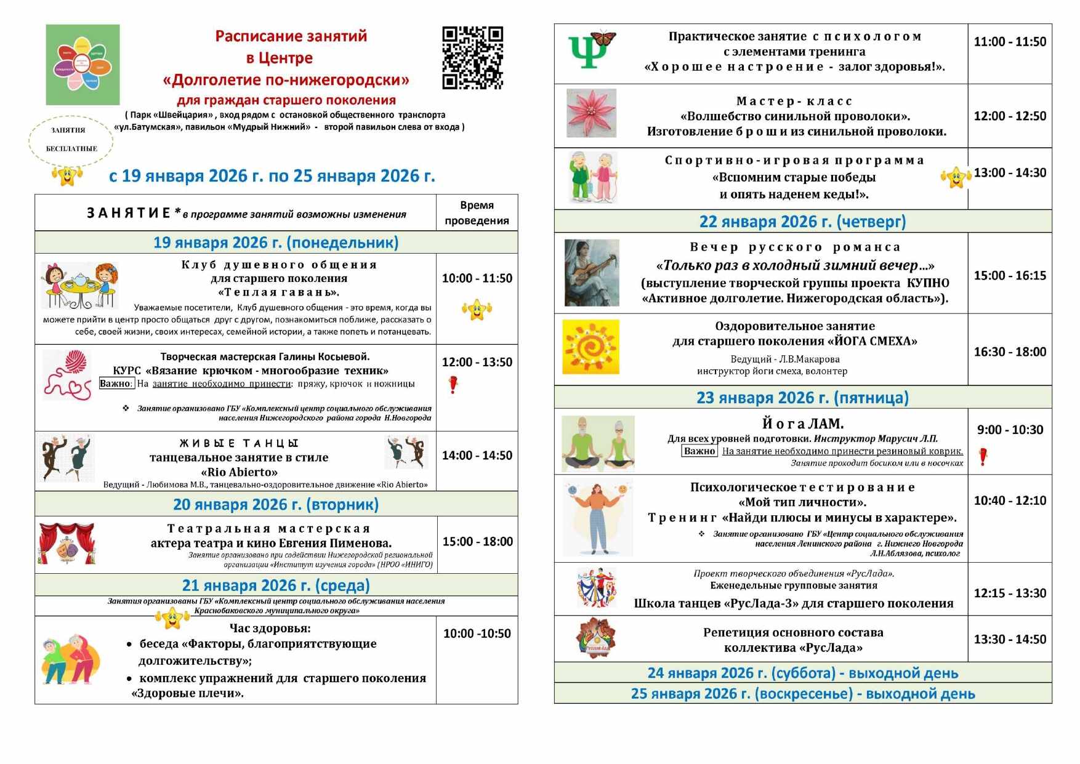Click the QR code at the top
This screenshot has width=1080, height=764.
472,58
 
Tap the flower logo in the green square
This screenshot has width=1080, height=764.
83,65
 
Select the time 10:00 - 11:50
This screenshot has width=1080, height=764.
477,278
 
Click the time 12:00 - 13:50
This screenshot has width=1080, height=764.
477,362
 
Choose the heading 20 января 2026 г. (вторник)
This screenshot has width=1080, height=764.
276,504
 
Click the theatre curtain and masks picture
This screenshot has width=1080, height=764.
66,544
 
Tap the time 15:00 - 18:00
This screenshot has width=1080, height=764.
477,542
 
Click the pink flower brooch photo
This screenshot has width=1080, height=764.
591,113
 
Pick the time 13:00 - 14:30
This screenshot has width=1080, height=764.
1010,173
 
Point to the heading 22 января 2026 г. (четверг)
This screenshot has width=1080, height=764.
802,222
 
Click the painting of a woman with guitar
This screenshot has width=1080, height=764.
592,273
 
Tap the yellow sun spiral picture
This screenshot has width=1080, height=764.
590,347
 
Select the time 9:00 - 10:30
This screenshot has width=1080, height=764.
1010,430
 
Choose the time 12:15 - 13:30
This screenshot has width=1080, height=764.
1010,593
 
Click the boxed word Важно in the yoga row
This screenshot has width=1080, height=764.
699,451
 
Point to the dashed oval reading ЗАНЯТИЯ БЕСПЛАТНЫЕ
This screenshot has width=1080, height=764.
71,140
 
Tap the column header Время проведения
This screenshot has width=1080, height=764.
477,213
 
